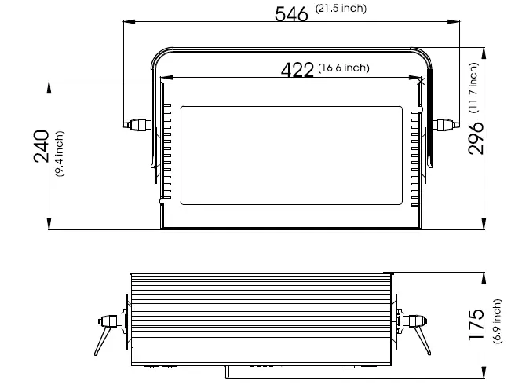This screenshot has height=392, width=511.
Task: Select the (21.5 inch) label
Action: coord(341,9)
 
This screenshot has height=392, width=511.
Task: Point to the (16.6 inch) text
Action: coord(344,68)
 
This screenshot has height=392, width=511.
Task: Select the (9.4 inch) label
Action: coord(60,154)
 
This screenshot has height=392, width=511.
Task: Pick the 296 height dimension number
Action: coord(476,138)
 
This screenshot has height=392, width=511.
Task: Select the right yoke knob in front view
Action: coord(446,124)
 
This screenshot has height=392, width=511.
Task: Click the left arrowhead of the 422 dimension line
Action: coord(166,78)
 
